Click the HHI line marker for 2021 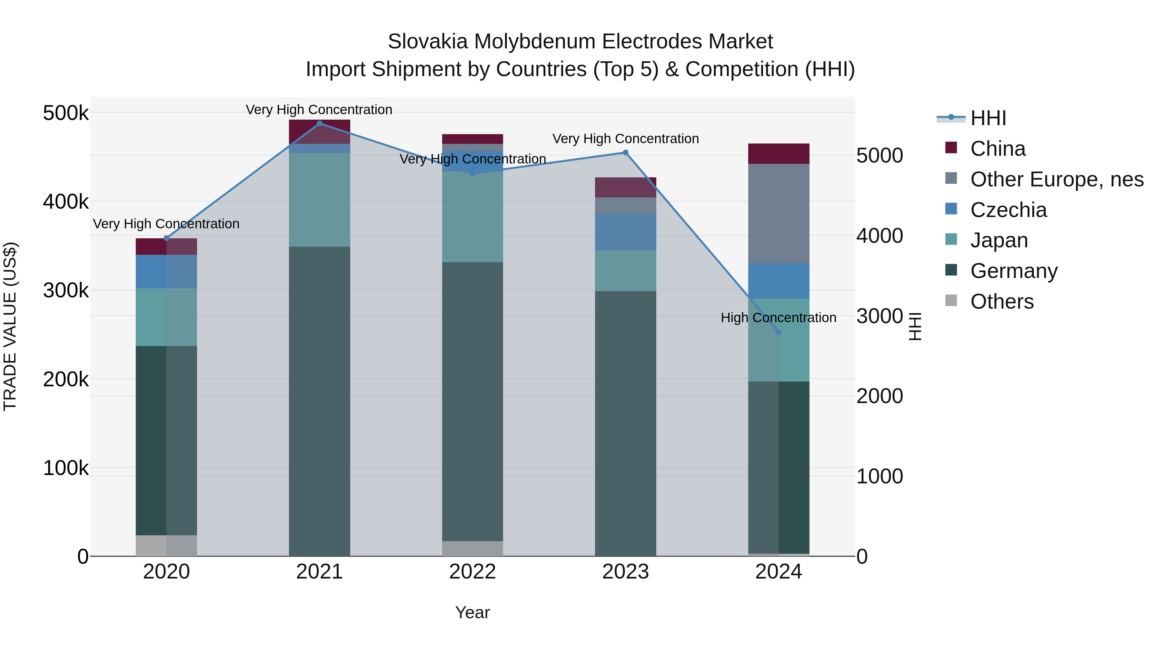click(x=320, y=124)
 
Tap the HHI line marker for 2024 click(x=779, y=332)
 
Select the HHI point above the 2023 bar click(x=626, y=153)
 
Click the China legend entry click(x=997, y=149)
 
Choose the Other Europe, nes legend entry click(x=1057, y=179)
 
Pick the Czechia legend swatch click(x=951, y=209)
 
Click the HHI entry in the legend click(x=988, y=118)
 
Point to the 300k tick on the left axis click(x=66, y=290)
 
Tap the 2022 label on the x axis click(x=472, y=572)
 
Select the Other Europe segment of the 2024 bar click(x=779, y=213)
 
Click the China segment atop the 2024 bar click(x=779, y=154)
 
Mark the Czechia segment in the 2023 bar click(x=626, y=232)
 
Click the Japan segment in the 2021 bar click(x=320, y=200)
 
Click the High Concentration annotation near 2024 click(x=779, y=318)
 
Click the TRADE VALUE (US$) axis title click(x=10, y=326)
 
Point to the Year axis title click(x=472, y=612)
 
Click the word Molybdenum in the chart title click(x=534, y=42)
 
